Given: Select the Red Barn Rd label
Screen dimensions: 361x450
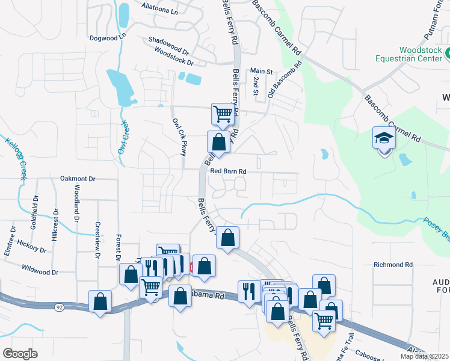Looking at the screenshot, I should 229,171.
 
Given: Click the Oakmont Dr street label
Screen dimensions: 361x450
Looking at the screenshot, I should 78,179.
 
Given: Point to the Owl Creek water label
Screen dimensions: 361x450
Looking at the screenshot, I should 124,140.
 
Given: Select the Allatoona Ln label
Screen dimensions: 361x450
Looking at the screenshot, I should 159,11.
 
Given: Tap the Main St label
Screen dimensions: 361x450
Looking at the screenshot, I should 262,71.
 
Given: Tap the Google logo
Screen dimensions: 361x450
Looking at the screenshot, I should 20,353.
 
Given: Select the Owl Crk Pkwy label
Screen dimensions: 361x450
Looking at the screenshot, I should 180,137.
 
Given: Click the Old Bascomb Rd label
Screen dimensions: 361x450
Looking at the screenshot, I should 280,82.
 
